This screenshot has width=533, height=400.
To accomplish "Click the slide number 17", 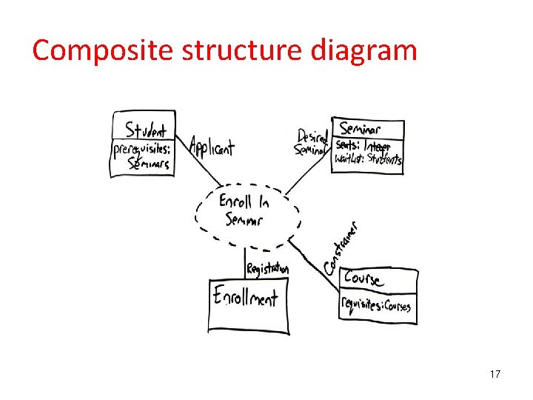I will coord(495,374).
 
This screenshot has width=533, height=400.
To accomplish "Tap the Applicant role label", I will coord(212,147).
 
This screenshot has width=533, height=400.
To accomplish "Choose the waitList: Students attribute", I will coord(367,159).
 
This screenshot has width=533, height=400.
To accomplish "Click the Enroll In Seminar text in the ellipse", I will coord(245,209).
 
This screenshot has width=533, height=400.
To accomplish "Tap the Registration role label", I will coord(267,269).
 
